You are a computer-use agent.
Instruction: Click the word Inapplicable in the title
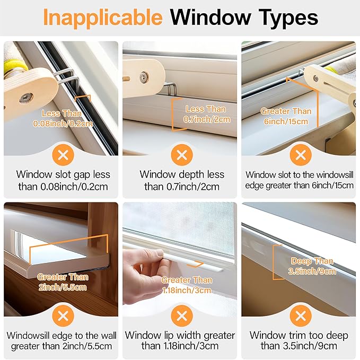pos(103,17)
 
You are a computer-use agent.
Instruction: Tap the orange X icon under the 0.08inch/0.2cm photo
pos(63,155)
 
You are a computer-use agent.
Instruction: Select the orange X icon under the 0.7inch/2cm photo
pos(182,155)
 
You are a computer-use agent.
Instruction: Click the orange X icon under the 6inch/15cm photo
pos(301,155)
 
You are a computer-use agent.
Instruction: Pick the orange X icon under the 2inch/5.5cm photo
pos(63,317)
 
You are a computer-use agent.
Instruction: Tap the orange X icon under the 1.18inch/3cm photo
pos(182,317)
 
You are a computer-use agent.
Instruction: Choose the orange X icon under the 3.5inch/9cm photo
pos(301,317)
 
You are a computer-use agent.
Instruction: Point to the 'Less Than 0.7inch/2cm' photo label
pos(205,114)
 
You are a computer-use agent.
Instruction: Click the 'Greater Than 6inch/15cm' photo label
pos(286,116)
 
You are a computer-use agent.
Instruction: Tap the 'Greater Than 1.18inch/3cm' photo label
pos(186,285)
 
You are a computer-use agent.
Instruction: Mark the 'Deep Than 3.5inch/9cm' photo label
pos(313,266)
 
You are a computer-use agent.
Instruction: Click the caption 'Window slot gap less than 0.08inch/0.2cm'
pos(63,180)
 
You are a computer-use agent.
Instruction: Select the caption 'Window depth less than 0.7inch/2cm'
pos(182,180)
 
